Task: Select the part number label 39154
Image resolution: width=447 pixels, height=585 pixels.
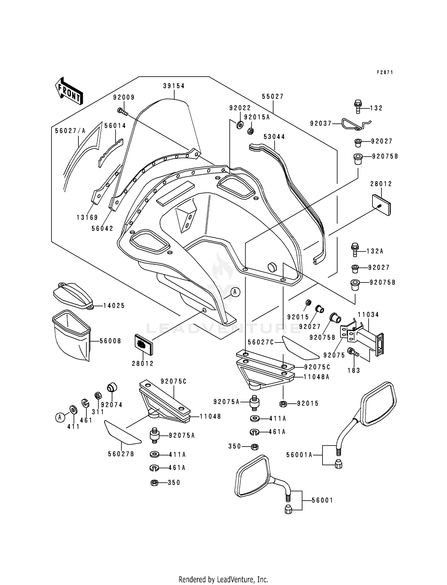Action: click(174, 86)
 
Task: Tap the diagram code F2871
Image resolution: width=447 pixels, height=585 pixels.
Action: click(385, 72)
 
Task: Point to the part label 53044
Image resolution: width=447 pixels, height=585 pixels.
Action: click(274, 137)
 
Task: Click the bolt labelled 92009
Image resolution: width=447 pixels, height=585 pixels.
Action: click(122, 112)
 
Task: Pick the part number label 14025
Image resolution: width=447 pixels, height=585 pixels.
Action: click(114, 306)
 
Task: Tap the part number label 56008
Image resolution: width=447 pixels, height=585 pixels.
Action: click(111, 341)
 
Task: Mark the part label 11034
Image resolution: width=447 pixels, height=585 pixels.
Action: click(368, 315)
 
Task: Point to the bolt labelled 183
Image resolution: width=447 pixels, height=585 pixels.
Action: click(353, 352)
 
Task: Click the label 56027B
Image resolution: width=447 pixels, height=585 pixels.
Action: click(121, 454)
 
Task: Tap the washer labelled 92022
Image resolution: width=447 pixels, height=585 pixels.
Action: click(240, 125)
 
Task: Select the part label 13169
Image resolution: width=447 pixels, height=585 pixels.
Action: click(87, 218)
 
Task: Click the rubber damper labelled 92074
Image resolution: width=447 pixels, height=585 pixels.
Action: click(112, 387)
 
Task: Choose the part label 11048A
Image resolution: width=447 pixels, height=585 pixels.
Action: click(316, 377)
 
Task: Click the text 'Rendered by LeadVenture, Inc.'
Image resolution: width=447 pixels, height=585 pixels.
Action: click(223, 579)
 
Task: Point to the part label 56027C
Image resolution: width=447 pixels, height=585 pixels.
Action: click(261, 343)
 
